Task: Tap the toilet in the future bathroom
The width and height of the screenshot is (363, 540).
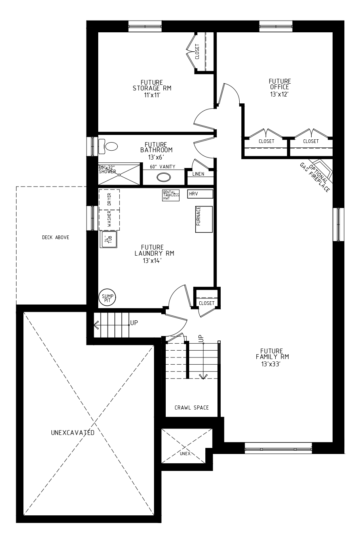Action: pyautogui.click(x=108, y=146)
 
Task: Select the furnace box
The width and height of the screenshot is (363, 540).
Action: pyautogui.click(x=204, y=219)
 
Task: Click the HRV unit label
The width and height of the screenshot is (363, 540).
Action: pyautogui.click(x=194, y=193)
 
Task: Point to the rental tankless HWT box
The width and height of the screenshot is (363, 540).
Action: pyautogui.click(x=171, y=195)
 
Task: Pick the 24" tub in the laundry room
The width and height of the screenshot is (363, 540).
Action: pyautogui.click(x=109, y=240)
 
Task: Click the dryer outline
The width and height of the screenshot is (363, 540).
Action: pyautogui.click(x=109, y=200)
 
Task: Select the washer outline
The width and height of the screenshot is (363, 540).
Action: pyautogui.click(x=109, y=220)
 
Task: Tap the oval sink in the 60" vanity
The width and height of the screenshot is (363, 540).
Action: pyautogui.click(x=164, y=177)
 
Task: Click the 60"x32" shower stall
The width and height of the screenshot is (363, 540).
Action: pyautogui.click(x=119, y=174)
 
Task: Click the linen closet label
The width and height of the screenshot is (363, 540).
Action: pyautogui.click(x=198, y=174)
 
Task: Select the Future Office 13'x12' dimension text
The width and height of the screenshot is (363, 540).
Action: pyautogui.click(x=280, y=94)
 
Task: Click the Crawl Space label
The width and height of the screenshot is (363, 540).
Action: pyautogui.click(x=192, y=408)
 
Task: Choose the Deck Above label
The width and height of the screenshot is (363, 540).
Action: pyautogui.click(x=55, y=237)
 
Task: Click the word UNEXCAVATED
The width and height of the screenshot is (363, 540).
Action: pyautogui.click(x=73, y=433)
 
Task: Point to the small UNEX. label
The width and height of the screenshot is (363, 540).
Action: pyautogui.click(x=186, y=454)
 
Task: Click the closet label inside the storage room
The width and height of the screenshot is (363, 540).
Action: pyautogui.click(x=197, y=51)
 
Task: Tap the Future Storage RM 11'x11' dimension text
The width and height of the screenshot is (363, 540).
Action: pyautogui.click(x=152, y=95)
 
